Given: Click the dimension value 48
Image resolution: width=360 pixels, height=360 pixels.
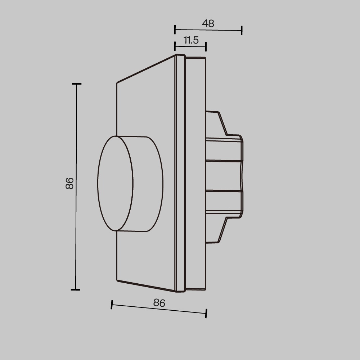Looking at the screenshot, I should tap(208, 23).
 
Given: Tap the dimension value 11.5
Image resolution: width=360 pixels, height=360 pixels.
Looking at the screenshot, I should tap(191, 40).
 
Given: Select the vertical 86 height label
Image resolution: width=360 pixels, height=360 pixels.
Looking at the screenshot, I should tap(69, 183).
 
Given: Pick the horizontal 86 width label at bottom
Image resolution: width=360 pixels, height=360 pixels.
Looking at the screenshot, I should tap(159, 303).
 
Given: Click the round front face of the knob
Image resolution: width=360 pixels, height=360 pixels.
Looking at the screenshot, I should tap(115, 183).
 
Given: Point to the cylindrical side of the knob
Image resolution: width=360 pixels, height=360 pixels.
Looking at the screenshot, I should tap(148, 184).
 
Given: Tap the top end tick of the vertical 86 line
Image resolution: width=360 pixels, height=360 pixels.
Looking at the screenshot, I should tap(76, 84).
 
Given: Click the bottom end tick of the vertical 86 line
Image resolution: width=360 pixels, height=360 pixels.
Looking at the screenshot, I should tap(75, 289).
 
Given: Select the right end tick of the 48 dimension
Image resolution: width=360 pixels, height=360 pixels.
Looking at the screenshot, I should tap(242, 31).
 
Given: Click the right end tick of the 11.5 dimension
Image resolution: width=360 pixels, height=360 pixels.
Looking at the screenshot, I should tap(206, 46).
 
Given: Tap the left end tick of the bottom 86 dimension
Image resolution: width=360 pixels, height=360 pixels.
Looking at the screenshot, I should tap(112, 305).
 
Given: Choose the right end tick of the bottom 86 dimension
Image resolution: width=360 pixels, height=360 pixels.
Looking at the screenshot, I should tap(206, 313).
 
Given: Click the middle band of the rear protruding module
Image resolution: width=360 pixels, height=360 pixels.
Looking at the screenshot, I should tap(223, 175).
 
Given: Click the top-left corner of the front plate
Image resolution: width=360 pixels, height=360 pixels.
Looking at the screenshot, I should tap(117, 83).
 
